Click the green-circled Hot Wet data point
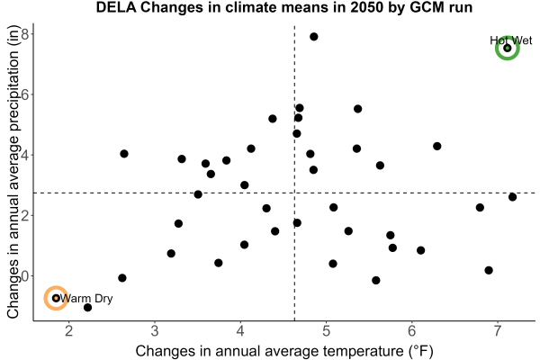508,48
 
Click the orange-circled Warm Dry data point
56,298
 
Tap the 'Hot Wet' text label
511,40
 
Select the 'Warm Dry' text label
86,298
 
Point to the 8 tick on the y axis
25,34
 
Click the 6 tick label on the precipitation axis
25,94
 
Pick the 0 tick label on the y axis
25,276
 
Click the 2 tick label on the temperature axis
69,331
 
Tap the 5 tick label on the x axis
326,331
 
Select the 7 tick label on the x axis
498,331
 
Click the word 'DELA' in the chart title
116,7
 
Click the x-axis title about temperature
284,351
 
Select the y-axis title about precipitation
13,172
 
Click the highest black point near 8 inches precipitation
314,37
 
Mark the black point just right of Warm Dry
88,307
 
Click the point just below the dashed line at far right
512,197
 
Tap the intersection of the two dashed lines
294,193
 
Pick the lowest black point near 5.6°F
376,281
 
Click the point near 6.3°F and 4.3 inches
437,146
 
